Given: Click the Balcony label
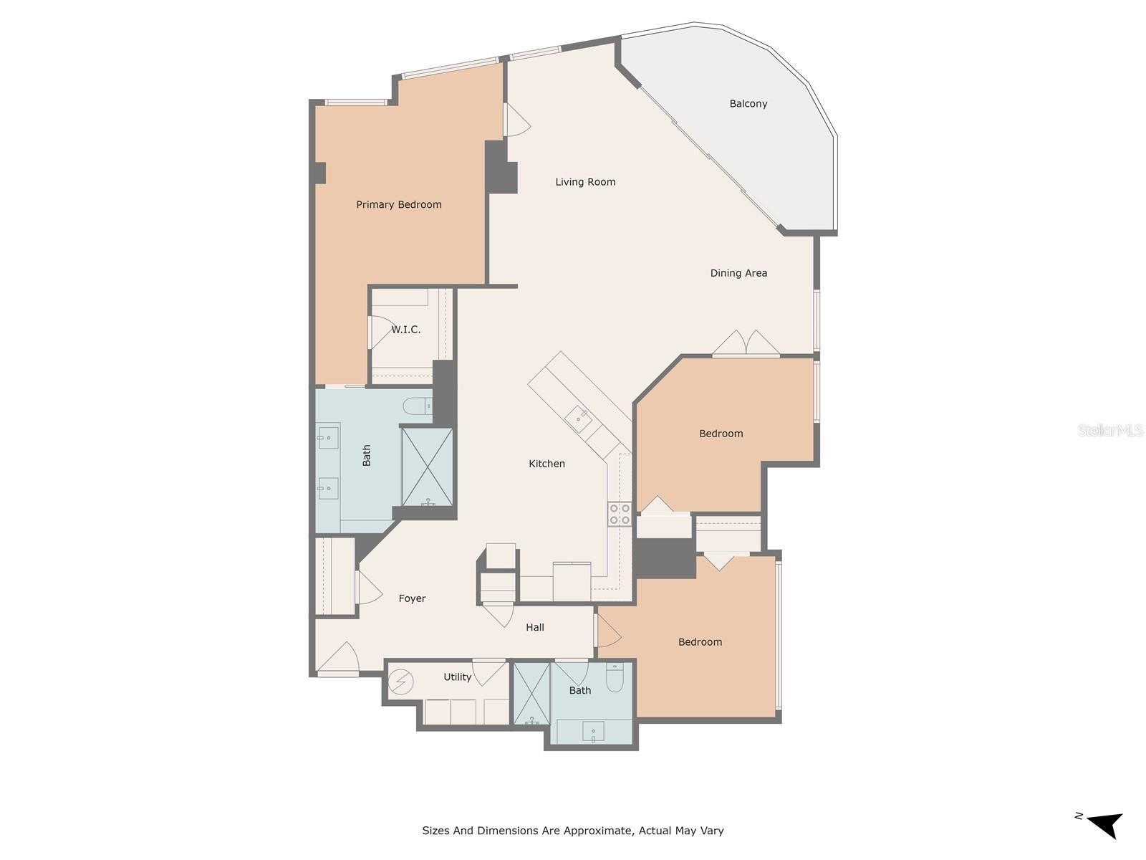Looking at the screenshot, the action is click(x=748, y=104).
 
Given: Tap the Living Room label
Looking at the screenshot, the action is click(x=585, y=182).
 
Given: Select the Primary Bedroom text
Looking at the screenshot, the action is click(x=399, y=205).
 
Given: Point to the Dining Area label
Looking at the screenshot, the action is click(x=738, y=273).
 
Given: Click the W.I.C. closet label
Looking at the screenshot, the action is click(x=405, y=330).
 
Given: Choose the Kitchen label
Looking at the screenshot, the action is click(x=546, y=464).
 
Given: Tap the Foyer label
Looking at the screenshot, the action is click(x=412, y=598).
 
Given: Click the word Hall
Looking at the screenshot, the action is click(x=534, y=627).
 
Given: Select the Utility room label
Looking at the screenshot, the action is click(x=458, y=677).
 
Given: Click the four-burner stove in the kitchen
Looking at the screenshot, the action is click(x=620, y=513).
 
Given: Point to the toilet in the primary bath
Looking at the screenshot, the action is click(x=418, y=405).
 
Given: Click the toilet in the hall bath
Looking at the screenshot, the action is click(x=615, y=677).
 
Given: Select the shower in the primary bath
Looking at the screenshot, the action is click(x=427, y=467).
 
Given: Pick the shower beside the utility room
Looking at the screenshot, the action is click(x=531, y=694).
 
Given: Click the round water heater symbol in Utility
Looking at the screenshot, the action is click(x=401, y=682).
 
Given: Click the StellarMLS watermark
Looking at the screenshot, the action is click(x=1109, y=430).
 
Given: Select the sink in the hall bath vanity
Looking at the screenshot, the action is click(x=593, y=731).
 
